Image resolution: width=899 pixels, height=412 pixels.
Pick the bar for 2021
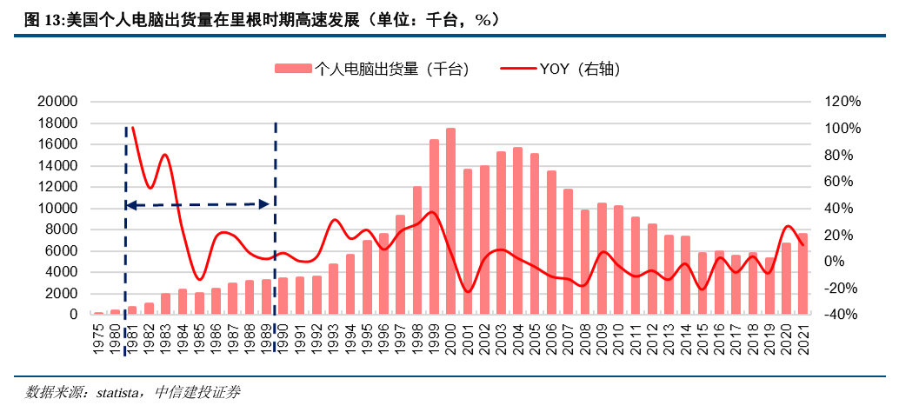802,274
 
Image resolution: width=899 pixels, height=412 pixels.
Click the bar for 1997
400,264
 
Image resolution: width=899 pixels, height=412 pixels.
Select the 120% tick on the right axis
842,102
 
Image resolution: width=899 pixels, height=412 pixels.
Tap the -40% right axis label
842,315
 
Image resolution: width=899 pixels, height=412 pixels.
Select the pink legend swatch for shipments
293,69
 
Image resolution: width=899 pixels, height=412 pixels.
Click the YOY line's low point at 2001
468,291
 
